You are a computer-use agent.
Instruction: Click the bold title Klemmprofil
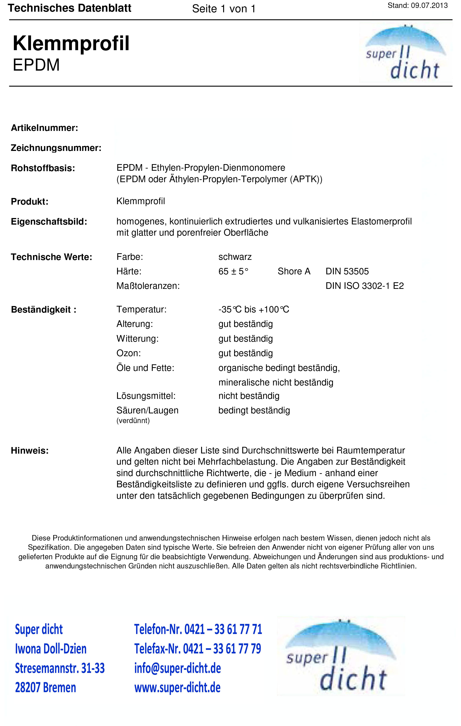[x=71, y=43]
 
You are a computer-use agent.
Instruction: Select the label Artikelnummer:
[x=44, y=128]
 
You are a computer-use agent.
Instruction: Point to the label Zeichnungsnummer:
[x=56, y=148]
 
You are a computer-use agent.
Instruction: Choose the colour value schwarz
[x=235, y=257]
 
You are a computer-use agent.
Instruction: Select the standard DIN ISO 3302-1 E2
[x=365, y=286]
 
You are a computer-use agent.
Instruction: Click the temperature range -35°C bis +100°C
[x=253, y=310]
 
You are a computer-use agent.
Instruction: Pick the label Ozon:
[x=129, y=353]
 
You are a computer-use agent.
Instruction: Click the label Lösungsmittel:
[x=146, y=396]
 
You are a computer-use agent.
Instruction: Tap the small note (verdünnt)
[x=133, y=421]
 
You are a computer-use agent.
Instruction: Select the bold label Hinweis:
[x=29, y=451]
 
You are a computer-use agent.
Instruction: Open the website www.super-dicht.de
[x=177, y=688]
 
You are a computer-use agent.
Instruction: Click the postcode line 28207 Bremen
[x=46, y=688]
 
